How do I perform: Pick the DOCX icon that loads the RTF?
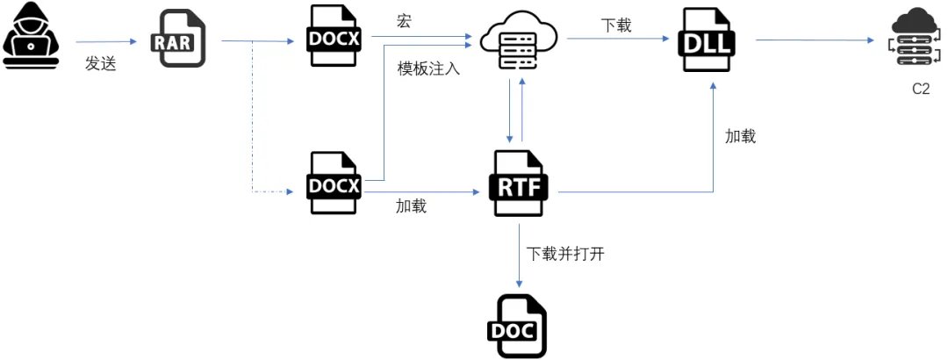pos(334,184)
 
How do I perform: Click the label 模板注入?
pos(428,68)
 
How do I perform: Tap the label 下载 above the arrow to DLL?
pos(616,25)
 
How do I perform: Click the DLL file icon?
pos(708,40)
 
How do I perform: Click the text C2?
pos(920,90)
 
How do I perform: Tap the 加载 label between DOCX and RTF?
pos(411,206)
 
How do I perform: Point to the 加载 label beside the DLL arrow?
pos(740,136)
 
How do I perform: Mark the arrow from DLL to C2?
pos(816,40)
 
